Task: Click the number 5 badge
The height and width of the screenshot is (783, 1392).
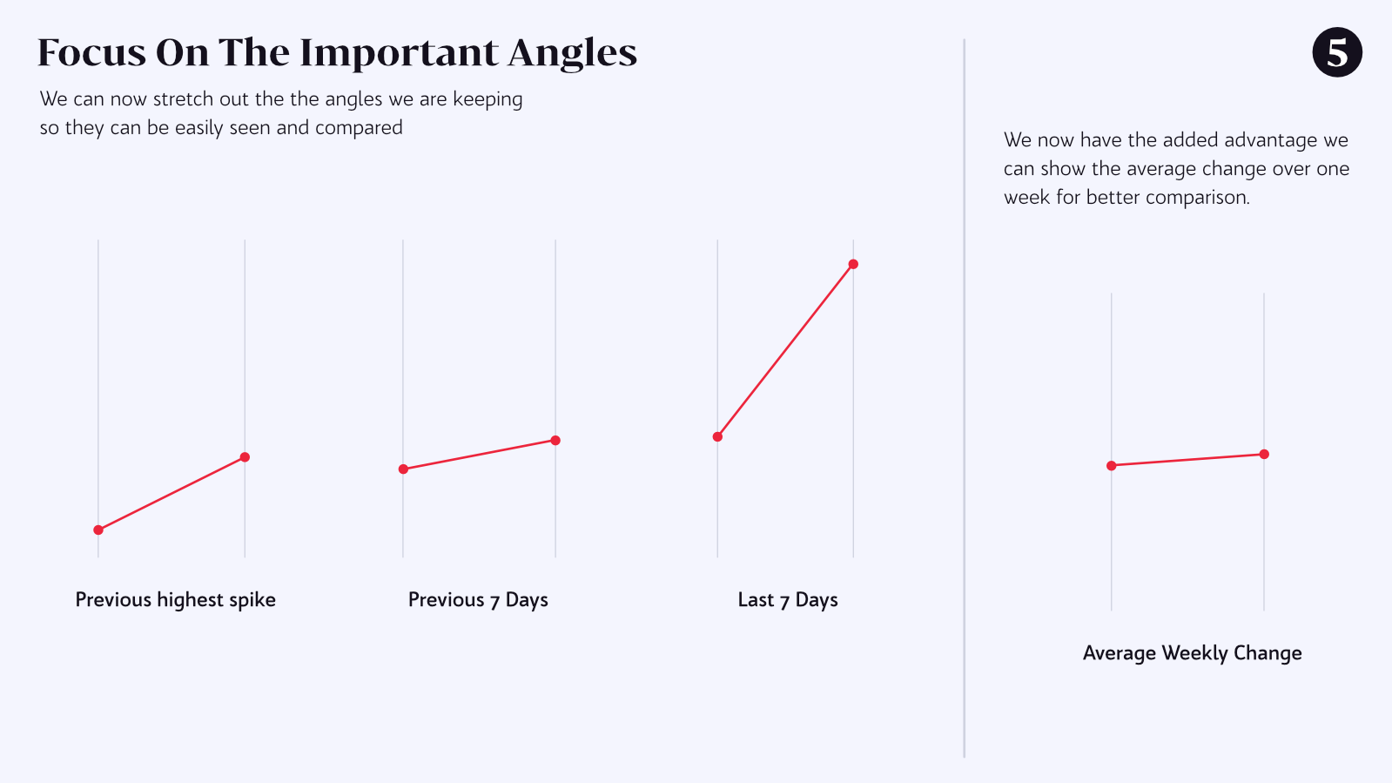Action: (1336, 52)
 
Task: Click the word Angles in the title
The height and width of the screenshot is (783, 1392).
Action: (572, 54)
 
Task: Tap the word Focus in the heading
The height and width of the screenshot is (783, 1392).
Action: (91, 52)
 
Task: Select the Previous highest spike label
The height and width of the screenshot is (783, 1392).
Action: (175, 600)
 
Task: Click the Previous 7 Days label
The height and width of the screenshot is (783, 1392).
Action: (478, 600)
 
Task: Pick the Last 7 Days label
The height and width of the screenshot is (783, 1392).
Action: (787, 600)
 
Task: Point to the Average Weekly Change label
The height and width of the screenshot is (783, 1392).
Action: (1192, 653)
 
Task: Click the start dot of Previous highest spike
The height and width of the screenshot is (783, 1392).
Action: (98, 530)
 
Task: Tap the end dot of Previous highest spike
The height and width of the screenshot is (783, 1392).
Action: (245, 457)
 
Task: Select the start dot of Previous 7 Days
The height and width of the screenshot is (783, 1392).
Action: (403, 469)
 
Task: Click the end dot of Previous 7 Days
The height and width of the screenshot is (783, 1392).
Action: (555, 441)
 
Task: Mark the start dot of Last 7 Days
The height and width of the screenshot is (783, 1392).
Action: (717, 437)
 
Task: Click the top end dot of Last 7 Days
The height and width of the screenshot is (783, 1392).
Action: (853, 264)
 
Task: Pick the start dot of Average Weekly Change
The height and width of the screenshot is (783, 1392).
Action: (1112, 466)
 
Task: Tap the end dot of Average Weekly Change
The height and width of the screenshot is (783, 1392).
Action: (1264, 455)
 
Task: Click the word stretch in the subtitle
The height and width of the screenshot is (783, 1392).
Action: (183, 99)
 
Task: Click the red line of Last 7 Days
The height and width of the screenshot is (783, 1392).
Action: (785, 350)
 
